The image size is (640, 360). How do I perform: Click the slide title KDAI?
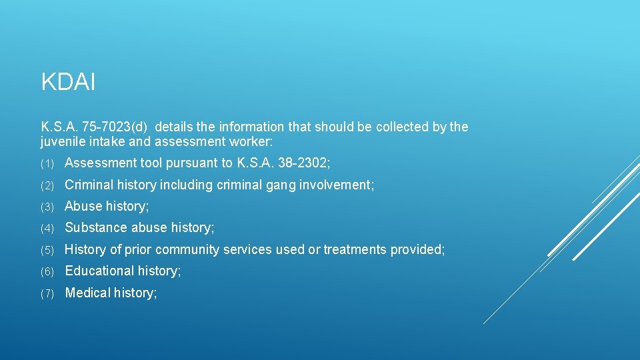tap(68, 83)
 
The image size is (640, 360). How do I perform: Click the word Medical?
tap(87, 293)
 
